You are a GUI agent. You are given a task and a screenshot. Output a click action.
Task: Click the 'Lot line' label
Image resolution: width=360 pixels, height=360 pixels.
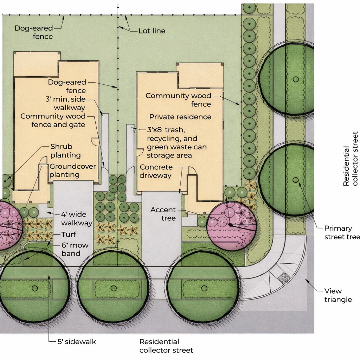coord(152,31)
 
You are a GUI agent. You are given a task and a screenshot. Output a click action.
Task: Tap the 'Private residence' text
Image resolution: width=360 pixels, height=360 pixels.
coord(180,117)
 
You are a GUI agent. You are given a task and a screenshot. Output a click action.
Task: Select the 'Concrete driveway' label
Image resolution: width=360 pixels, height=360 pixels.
coord(156,171)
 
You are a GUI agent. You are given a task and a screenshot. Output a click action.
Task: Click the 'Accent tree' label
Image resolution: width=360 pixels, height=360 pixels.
coord(163,214)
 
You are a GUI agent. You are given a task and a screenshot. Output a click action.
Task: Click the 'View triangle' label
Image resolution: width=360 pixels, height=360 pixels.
coord(338,295)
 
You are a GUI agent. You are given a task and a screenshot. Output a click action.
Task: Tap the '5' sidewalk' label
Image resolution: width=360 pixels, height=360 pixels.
coord(77,341)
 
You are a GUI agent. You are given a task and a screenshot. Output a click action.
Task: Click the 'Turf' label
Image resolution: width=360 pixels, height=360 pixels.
coord(69,234)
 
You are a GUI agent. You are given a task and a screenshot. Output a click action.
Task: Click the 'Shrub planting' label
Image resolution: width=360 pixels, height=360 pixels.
coord(65,151)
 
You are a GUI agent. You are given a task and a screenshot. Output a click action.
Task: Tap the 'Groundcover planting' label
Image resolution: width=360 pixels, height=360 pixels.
coord(72,171)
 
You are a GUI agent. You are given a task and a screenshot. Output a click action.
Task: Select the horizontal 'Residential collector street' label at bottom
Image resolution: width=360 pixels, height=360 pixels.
coord(166,346)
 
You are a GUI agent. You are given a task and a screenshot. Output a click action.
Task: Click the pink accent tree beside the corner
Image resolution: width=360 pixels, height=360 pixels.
coord(231,225)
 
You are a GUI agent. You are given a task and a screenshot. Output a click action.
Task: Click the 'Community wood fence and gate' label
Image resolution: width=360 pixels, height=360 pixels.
coord(53,120)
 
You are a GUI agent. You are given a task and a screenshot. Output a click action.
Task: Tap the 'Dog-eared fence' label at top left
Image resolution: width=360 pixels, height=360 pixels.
coord(34,32)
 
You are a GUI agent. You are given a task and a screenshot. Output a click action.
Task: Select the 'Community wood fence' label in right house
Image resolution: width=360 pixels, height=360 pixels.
coord(178,100)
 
